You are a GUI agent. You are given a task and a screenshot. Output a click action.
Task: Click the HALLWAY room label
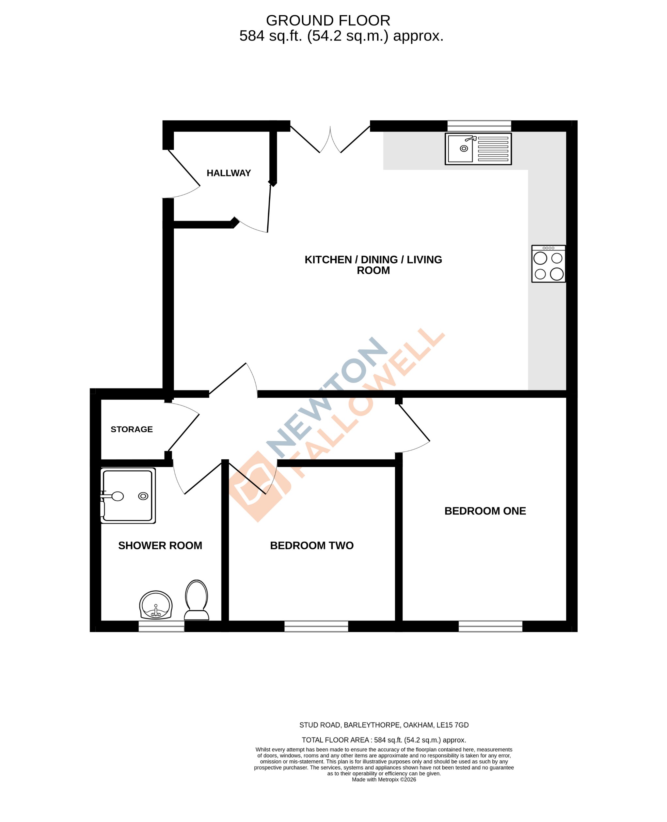[229, 173]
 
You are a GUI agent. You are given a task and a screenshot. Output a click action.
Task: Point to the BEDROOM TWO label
[311, 546]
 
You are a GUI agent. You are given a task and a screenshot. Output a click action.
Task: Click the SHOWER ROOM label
[160, 546]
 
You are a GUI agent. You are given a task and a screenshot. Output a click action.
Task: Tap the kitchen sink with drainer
[478, 149]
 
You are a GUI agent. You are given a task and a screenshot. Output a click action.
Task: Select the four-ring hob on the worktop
[548, 264]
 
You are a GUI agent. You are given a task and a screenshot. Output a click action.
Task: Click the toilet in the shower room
[196, 600]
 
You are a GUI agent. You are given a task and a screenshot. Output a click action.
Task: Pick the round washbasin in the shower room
[156, 605]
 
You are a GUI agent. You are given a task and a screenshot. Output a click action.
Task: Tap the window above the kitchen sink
[479, 126]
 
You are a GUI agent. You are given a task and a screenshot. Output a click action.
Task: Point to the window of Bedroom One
[490, 626]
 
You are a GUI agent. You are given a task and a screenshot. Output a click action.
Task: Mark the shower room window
[161, 626]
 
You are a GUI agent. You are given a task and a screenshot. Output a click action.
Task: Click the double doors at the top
[330, 140]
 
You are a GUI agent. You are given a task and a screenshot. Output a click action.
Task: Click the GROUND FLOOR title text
[328, 20]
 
